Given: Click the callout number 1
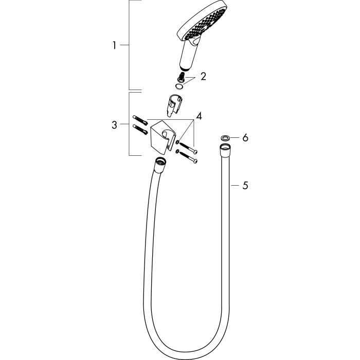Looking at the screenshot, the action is [x=114, y=45].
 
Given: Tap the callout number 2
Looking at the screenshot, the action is [x=203, y=77].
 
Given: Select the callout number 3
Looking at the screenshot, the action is [x=114, y=125].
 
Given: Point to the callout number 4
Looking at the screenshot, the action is [x=199, y=116].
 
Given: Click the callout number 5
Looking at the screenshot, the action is [x=245, y=185].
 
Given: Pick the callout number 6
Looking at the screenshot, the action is [x=245, y=138].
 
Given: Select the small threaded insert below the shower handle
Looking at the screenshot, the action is [x=181, y=77].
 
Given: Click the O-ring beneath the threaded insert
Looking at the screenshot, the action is [x=179, y=86].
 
